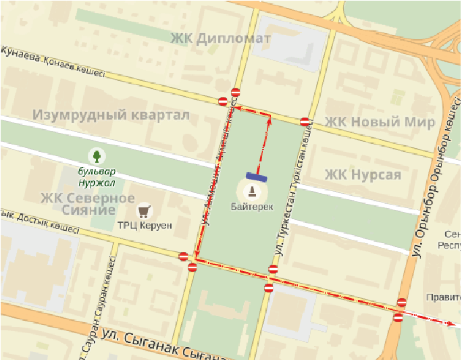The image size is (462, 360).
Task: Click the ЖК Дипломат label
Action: click(x=221, y=38)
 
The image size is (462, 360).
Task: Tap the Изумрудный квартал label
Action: click(x=111, y=115)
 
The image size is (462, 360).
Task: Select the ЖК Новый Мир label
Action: click(x=380, y=122)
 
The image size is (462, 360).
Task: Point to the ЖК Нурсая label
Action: click(x=363, y=175)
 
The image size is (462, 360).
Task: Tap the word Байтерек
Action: click(x=252, y=207)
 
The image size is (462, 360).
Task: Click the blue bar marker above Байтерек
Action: click(x=256, y=177)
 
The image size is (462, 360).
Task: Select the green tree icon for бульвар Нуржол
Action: click(x=97, y=156)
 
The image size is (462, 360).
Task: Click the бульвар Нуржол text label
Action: click(x=97, y=178)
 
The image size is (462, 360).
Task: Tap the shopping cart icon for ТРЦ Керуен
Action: click(x=143, y=209)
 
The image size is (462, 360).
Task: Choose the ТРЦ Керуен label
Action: click(x=145, y=225)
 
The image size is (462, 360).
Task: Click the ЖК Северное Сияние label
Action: click(x=88, y=204)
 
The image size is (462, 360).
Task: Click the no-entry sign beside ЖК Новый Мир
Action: click(x=305, y=122)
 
